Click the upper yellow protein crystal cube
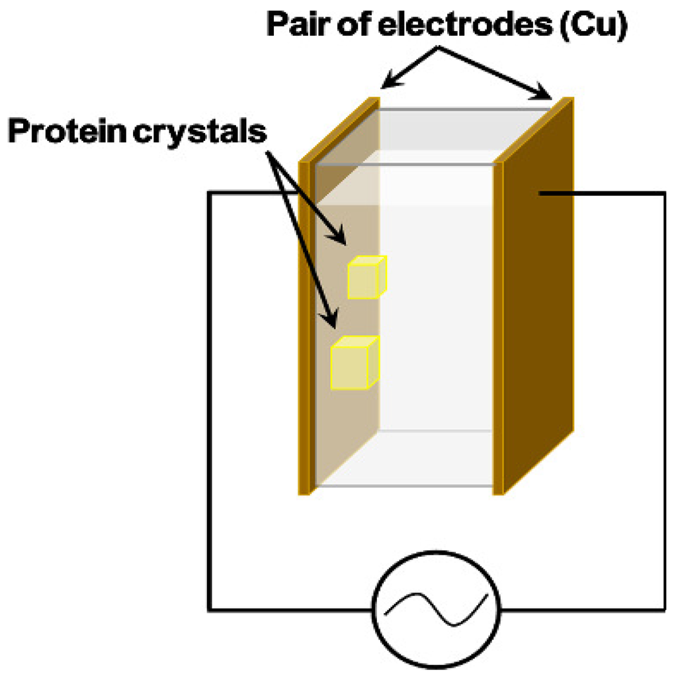click(x=366, y=277)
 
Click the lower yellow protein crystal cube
click(x=355, y=363)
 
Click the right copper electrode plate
click(x=536, y=298)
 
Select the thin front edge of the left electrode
click(x=304, y=331)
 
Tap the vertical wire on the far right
click(x=663, y=397)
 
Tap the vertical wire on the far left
click(x=210, y=397)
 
